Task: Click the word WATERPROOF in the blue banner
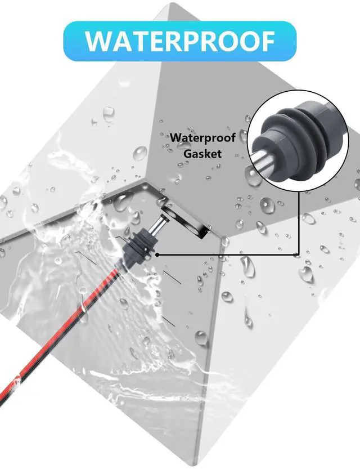pyautogui.click(x=180, y=41)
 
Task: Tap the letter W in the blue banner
pyautogui.click(x=99, y=41)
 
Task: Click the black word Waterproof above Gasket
pyautogui.click(x=203, y=138)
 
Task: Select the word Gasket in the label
pyautogui.click(x=202, y=154)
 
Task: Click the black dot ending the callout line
pyautogui.click(x=157, y=255)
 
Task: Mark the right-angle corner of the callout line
pyautogui.click(x=299, y=255)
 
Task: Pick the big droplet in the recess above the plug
pyautogui.click(x=122, y=202)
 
